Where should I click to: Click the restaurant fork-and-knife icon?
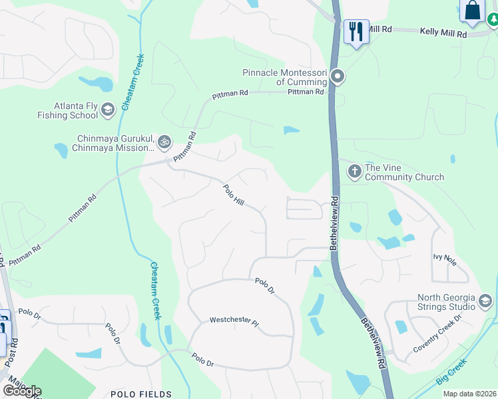[356, 31]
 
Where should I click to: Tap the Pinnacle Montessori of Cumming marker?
[338, 76]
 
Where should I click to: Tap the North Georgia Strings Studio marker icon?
[485, 302]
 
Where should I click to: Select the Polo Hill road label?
[234, 194]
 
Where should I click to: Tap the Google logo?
[22, 390]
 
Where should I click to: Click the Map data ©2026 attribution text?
[470, 394]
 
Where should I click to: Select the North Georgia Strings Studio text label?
[445, 302]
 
